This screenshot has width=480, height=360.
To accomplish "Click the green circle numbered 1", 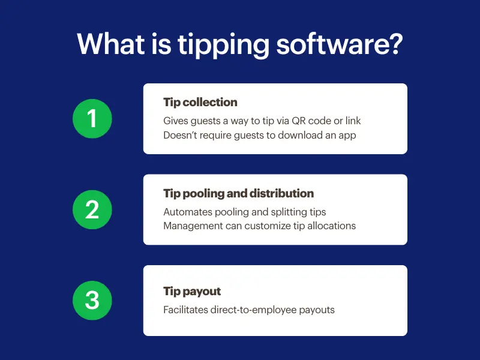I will click(x=92, y=119).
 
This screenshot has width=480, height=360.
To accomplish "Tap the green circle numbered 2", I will click(x=92, y=209).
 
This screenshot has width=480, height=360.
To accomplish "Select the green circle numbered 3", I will click(x=92, y=300).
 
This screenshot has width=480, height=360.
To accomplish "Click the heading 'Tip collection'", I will click(x=200, y=102).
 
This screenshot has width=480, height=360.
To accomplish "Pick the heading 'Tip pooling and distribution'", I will click(x=238, y=193).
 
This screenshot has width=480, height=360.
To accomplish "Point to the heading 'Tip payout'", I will click(x=192, y=291).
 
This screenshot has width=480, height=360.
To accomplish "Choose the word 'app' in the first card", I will click(x=346, y=135).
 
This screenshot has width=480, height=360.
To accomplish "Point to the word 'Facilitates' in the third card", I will click(x=185, y=310).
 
